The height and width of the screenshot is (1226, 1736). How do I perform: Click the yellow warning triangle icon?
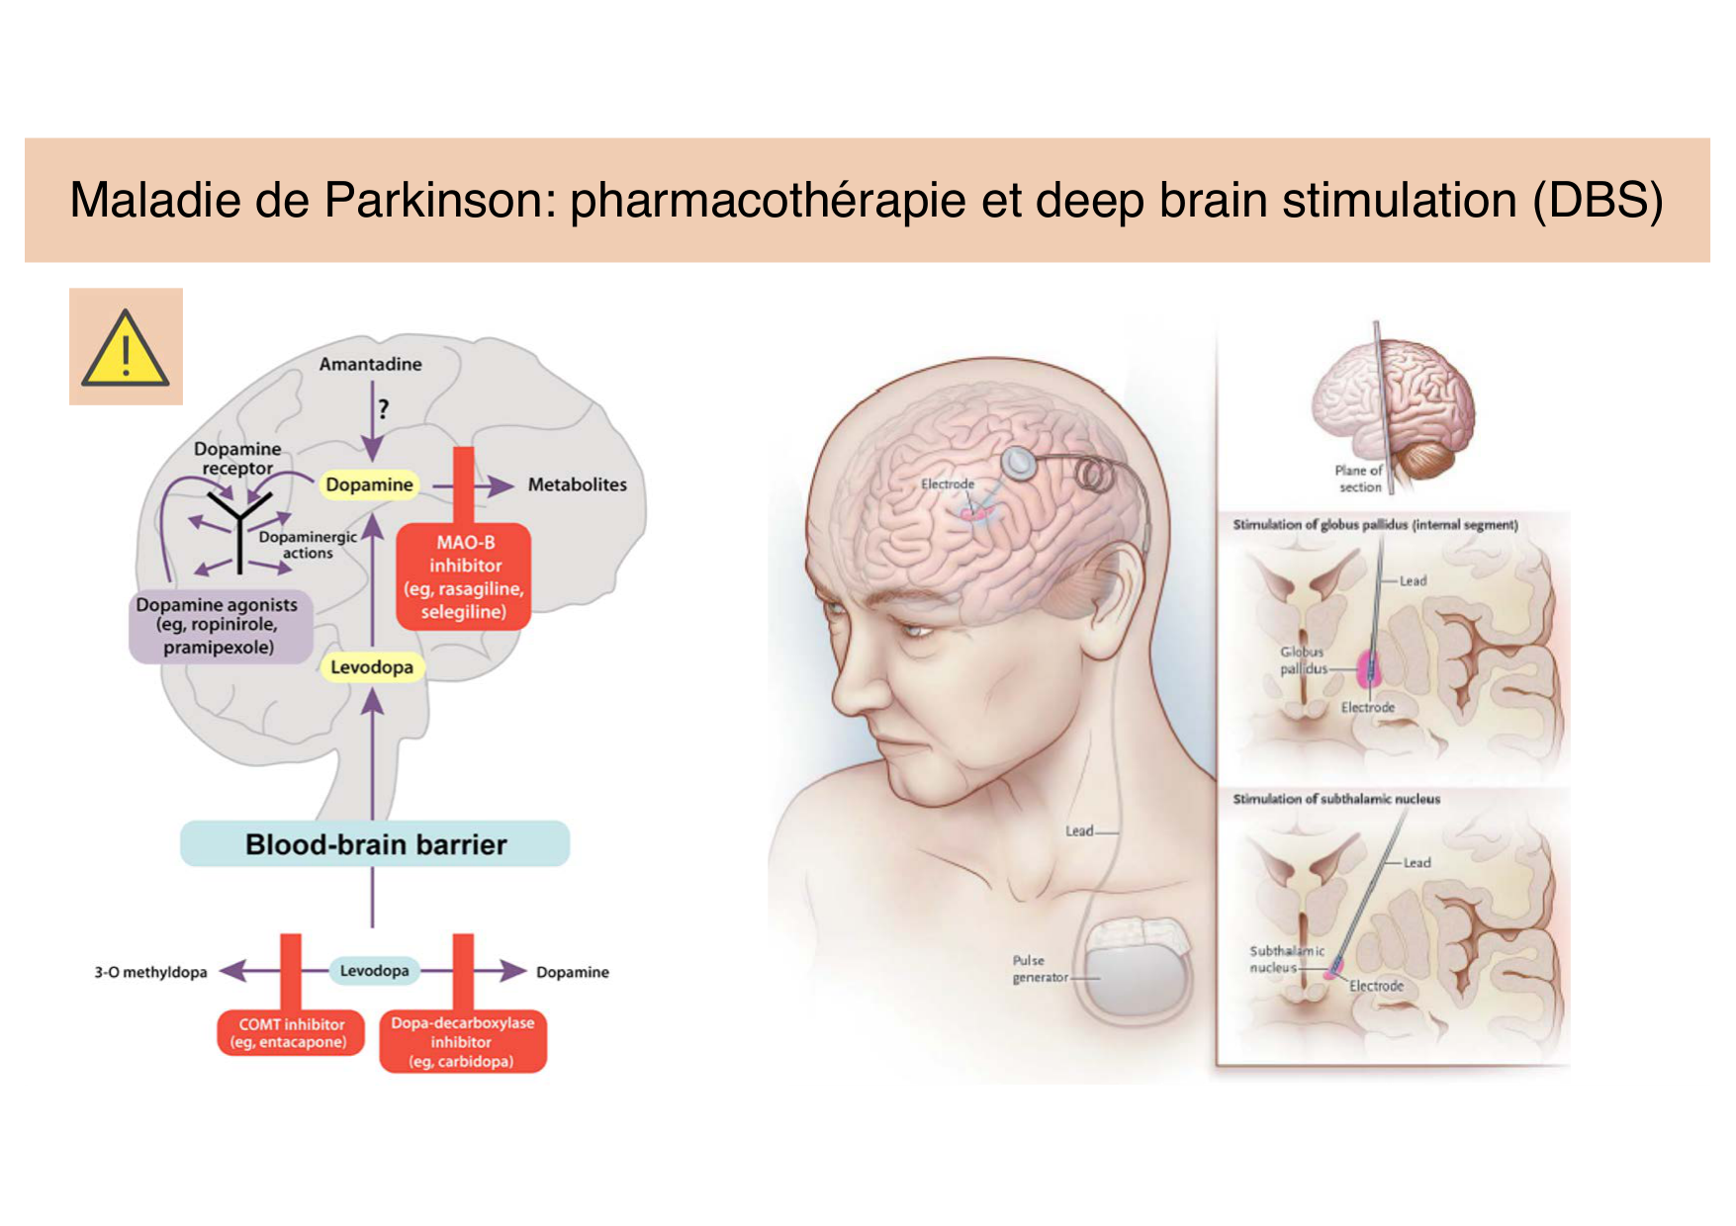click(x=126, y=347)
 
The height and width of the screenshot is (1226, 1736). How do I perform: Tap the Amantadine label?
click(x=370, y=364)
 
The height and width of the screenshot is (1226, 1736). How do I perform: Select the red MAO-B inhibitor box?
click(x=464, y=576)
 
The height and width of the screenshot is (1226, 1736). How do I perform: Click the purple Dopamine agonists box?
click(x=219, y=626)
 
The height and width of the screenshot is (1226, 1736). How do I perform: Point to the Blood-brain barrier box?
click(x=375, y=844)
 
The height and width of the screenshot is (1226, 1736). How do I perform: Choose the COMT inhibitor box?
click(x=291, y=1033)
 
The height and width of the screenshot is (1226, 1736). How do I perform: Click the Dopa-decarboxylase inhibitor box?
click(x=462, y=1042)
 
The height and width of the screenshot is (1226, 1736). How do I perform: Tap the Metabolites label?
click(x=577, y=484)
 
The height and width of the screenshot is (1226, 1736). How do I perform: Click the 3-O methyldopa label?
click(x=150, y=972)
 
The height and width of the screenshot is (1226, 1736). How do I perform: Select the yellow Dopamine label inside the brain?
click(x=369, y=484)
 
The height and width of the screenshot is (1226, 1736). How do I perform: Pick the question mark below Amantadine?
click(x=383, y=408)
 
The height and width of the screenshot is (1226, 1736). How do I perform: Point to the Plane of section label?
click(x=1358, y=479)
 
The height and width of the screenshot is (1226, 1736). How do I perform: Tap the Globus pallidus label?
click(x=1303, y=660)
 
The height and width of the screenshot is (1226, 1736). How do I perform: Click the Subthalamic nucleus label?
click(x=1285, y=959)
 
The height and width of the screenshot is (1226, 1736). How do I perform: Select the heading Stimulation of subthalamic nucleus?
click(x=1335, y=799)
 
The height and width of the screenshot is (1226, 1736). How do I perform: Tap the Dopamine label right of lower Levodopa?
click(x=572, y=972)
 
